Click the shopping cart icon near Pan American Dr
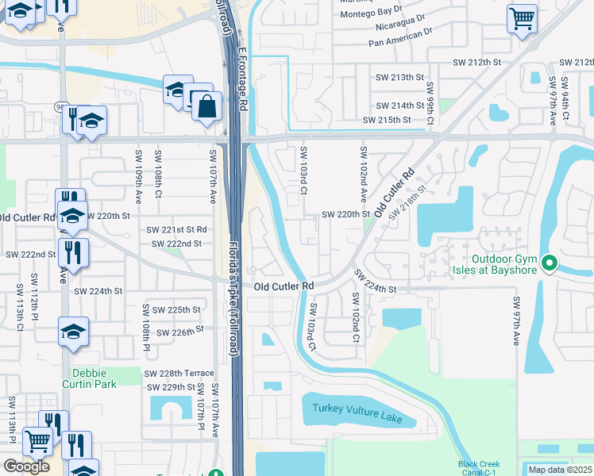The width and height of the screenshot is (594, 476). (522, 17)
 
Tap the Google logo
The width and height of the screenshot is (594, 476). (26, 466)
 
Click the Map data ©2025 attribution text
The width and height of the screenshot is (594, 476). (560, 470)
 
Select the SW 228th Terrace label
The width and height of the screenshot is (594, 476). (179, 373)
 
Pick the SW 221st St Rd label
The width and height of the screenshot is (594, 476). (176, 229)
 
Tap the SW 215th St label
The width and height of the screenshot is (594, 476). (387, 120)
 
